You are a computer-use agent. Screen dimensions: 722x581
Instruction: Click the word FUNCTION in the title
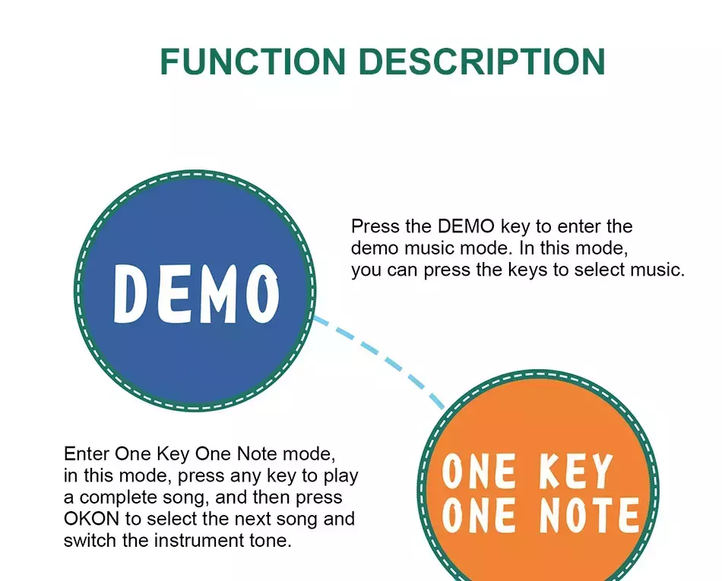pyautogui.click(x=253, y=62)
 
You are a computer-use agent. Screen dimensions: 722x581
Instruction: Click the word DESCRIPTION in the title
pyautogui.click(x=482, y=62)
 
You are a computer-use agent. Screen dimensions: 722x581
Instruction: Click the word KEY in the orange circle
pyautogui.click(x=576, y=470)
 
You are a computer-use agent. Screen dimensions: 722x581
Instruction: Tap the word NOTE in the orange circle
pyautogui.click(x=589, y=514)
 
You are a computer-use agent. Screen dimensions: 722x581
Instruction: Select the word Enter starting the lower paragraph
pyautogui.click(x=87, y=454)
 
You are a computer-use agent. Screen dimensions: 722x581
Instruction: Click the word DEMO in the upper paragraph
pyautogui.click(x=466, y=227)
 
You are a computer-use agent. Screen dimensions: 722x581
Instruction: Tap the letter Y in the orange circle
pyautogui.click(x=600, y=470)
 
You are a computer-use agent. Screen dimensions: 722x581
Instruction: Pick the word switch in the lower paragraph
pyautogui.click(x=90, y=541)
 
